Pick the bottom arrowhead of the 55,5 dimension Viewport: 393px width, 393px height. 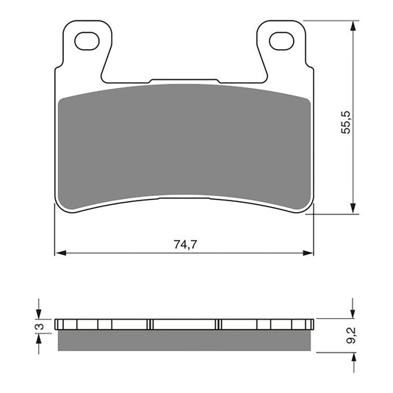[x=355, y=209]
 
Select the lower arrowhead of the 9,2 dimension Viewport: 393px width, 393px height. [x=355, y=355]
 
